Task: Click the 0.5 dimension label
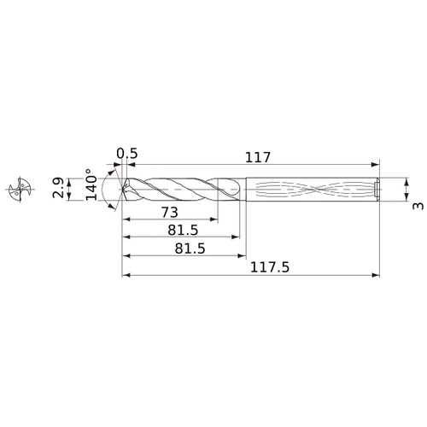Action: (127, 154)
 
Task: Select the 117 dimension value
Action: (257, 156)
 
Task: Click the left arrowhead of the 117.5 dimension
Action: (126, 276)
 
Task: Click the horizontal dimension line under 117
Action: (256, 165)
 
